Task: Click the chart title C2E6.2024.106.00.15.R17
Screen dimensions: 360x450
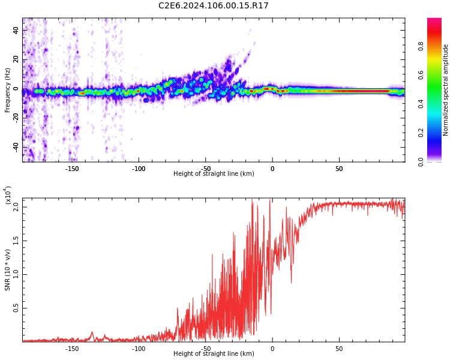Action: (x=213, y=6)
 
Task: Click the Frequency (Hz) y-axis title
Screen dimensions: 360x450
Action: (x=8, y=89)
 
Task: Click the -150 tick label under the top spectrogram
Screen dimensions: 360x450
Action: (x=72, y=169)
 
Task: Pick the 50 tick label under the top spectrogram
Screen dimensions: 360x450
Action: (x=339, y=169)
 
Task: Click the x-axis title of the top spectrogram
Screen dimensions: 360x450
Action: (x=214, y=174)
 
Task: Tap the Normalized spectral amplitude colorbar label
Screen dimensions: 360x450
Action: (x=446, y=89)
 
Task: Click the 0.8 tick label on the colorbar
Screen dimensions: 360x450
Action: (x=437, y=47)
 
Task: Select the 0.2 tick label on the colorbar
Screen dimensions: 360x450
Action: (x=437, y=133)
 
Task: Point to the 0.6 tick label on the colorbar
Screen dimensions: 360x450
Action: (x=437, y=76)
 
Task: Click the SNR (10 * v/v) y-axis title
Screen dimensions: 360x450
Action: (x=8, y=269)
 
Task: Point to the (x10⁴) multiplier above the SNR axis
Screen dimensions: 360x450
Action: (x=8, y=196)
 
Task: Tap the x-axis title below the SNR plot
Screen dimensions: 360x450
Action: (x=214, y=354)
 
